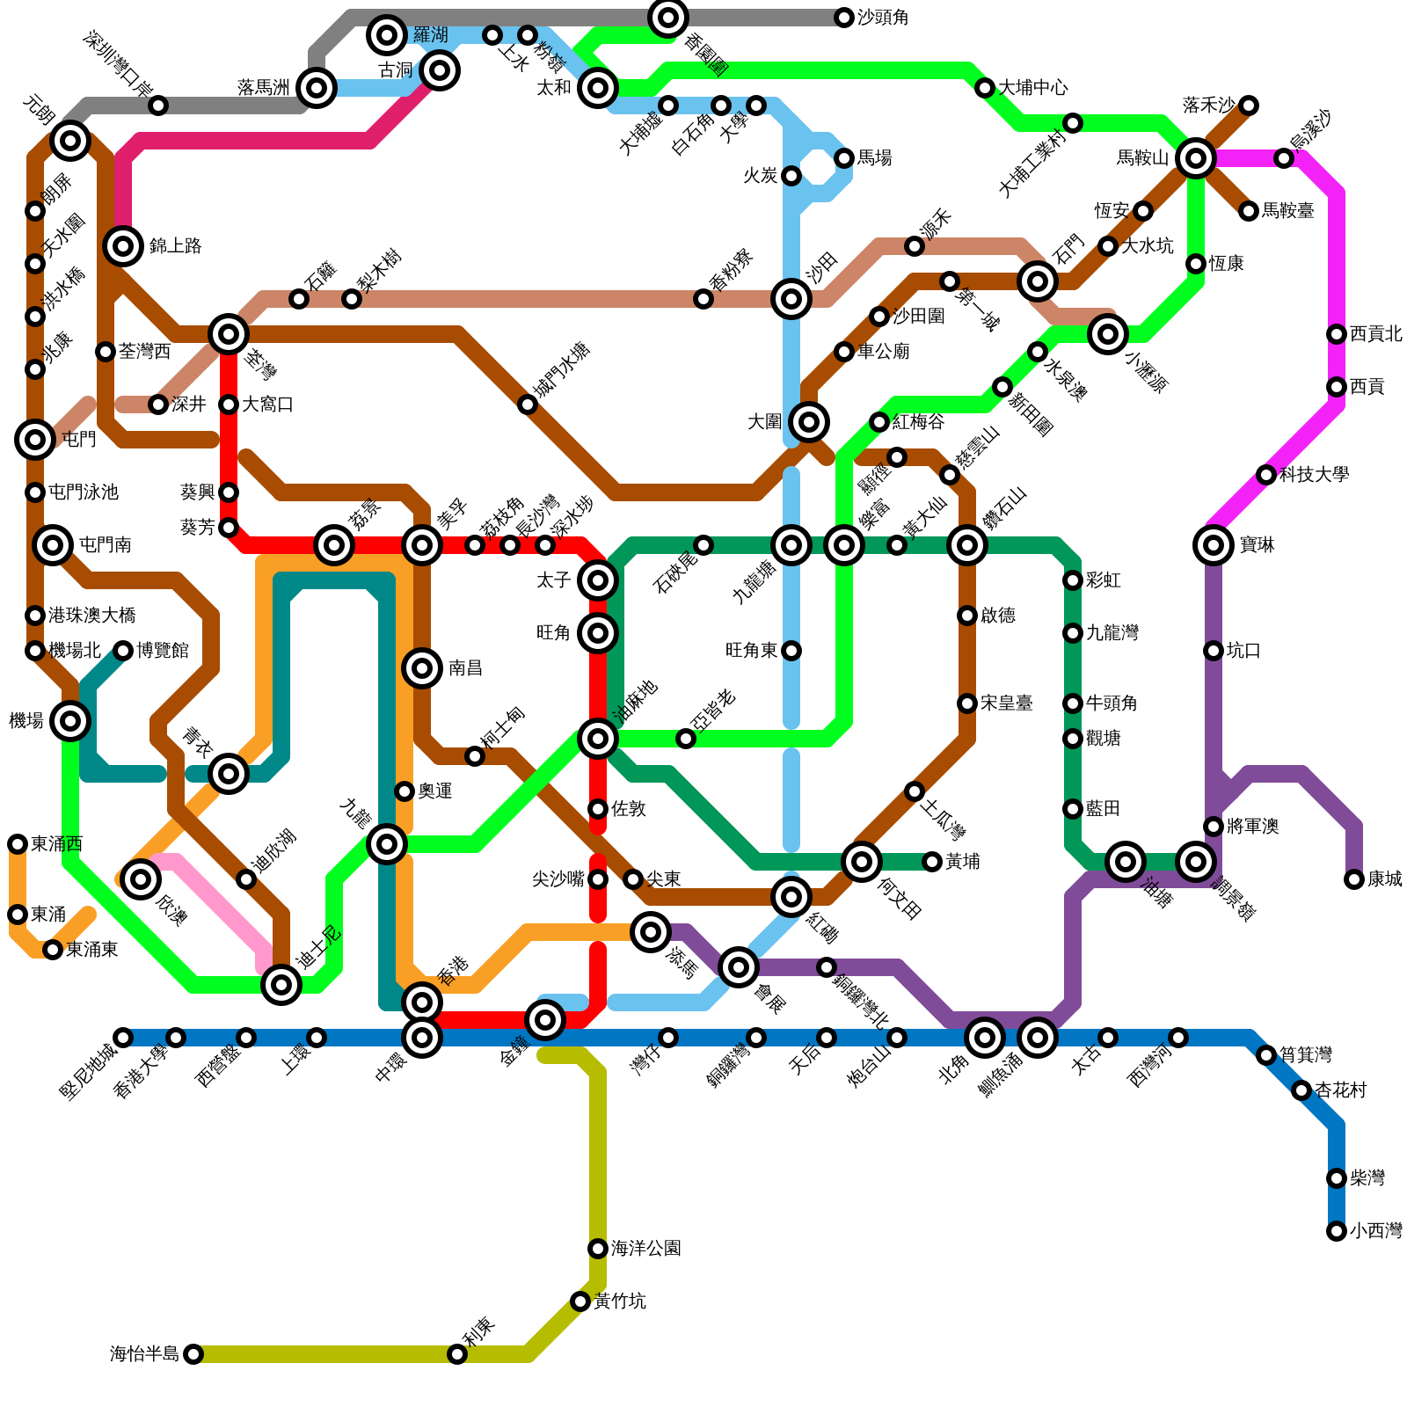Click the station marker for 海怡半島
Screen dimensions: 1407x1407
click(x=193, y=1354)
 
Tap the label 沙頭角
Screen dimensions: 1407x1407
click(x=883, y=18)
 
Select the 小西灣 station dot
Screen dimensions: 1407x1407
click(x=1337, y=1231)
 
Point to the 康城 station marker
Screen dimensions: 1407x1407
click(x=1354, y=879)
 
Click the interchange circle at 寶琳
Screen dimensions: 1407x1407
click(x=1214, y=545)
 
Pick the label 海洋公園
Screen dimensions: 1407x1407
click(x=646, y=1249)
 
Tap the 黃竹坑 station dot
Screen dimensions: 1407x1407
click(x=580, y=1301)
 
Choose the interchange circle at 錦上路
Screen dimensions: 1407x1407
click(x=123, y=246)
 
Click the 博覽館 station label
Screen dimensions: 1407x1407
click(x=163, y=651)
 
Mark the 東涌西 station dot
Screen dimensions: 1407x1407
click(x=18, y=844)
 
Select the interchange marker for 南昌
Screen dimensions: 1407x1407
click(x=422, y=668)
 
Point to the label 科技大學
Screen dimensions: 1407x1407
click(x=1315, y=475)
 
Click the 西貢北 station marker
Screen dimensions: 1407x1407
click(x=1337, y=334)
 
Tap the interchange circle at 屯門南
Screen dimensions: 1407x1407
click(x=53, y=545)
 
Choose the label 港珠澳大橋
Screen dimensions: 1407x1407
click(x=92, y=616)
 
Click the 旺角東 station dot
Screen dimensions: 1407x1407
click(x=791, y=651)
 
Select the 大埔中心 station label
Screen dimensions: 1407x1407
click(x=1033, y=88)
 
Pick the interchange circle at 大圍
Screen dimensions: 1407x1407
click(x=809, y=422)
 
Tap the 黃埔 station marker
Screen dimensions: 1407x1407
click(x=932, y=862)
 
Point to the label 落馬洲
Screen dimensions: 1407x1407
click(x=264, y=88)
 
